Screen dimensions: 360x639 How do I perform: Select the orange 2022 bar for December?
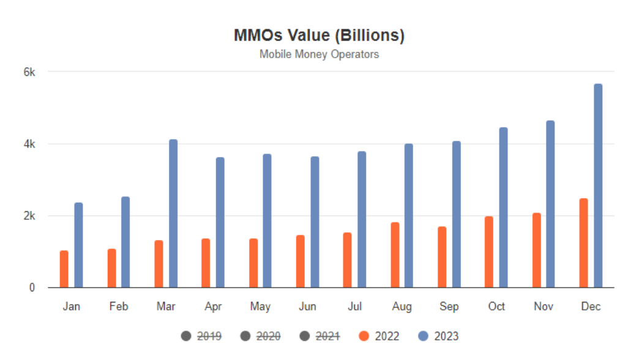tap(583, 243)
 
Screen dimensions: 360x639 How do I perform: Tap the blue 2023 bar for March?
tap(173, 214)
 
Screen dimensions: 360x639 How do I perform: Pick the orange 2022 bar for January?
tap(64, 269)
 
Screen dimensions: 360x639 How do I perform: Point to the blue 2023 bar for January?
tap(78, 245)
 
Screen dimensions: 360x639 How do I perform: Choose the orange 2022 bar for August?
tap(395, 255)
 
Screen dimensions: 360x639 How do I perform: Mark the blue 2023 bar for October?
tap(503, 208)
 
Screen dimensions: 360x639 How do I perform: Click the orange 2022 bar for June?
tap(300, 261)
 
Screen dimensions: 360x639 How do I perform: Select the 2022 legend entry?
tap(379, 336)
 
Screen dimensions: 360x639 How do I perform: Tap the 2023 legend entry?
tap(438, 336)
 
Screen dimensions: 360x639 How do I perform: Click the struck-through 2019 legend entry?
tap(201, 336)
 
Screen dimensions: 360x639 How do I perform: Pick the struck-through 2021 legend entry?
tap(320, 336)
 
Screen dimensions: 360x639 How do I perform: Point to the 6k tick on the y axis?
tap(29, 72)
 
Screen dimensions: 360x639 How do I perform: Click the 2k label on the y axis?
tap(29, 216)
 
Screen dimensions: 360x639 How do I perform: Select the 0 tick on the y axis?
tap(32, 288)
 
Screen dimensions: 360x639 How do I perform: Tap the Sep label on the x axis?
tap(449, 307)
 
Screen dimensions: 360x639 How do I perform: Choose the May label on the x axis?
tap(260, 307)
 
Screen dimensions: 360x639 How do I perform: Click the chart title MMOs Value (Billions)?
tap(319, 36)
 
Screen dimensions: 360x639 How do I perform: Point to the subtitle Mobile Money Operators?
tap(319, 54)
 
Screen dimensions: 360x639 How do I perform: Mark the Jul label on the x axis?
tap(354, 307)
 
